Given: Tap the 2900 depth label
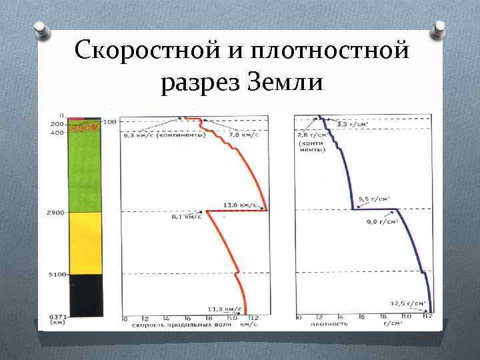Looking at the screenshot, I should [55, 212].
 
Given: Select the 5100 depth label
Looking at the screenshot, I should [56, 274].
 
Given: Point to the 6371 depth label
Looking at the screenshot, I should [55, 317].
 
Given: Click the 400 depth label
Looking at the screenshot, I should [57, 133].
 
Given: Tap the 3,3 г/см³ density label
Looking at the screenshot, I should [351, 124].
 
